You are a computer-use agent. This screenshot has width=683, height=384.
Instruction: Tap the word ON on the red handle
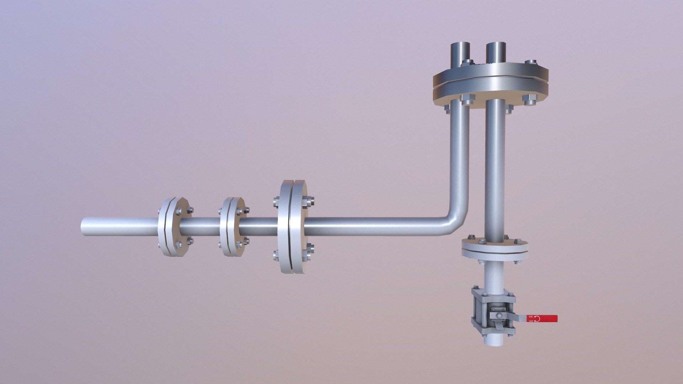[x=531, y=316]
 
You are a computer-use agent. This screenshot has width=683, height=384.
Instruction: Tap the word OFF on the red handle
[x=531, y=321]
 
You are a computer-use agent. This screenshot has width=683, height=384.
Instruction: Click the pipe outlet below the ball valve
[x=494, y=340]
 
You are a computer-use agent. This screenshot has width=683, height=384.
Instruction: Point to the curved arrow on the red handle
[x=537, y=319]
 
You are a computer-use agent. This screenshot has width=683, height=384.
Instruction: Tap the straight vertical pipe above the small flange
[x=495, y=171]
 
